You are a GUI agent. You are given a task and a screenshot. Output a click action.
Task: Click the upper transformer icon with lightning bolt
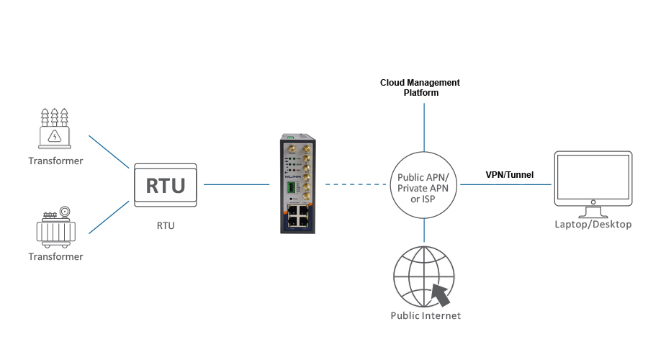pos(55,130)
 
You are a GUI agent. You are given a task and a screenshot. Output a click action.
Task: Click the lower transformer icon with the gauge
pos(55,227)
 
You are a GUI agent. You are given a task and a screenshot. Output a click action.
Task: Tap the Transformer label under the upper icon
pos(55,161)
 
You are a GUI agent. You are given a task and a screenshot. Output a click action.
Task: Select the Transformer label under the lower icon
pos(55,256)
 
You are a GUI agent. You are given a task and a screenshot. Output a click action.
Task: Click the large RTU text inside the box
pos(166,186)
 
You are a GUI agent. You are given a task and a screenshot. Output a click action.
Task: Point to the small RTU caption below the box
pos(166,225)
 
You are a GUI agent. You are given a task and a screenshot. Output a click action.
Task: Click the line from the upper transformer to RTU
pos(109,150)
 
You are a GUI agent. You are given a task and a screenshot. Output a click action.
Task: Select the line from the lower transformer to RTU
pos(109,217)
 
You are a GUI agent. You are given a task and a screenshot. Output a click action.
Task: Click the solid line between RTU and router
pos(236,185)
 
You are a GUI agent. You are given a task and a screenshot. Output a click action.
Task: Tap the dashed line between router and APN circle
pos(357,185)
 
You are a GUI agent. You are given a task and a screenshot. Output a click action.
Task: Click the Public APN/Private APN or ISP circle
pos(424,185)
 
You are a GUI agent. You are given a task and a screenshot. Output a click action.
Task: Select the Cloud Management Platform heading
pos(420,88)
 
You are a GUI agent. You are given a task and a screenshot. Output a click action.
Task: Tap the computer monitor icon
pos(593,180)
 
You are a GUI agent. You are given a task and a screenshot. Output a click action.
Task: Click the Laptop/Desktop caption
pos(593,225)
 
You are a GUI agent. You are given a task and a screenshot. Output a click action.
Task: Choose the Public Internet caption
pos(425,315)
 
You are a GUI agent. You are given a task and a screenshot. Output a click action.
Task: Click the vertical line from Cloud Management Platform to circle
pos(424,126)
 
